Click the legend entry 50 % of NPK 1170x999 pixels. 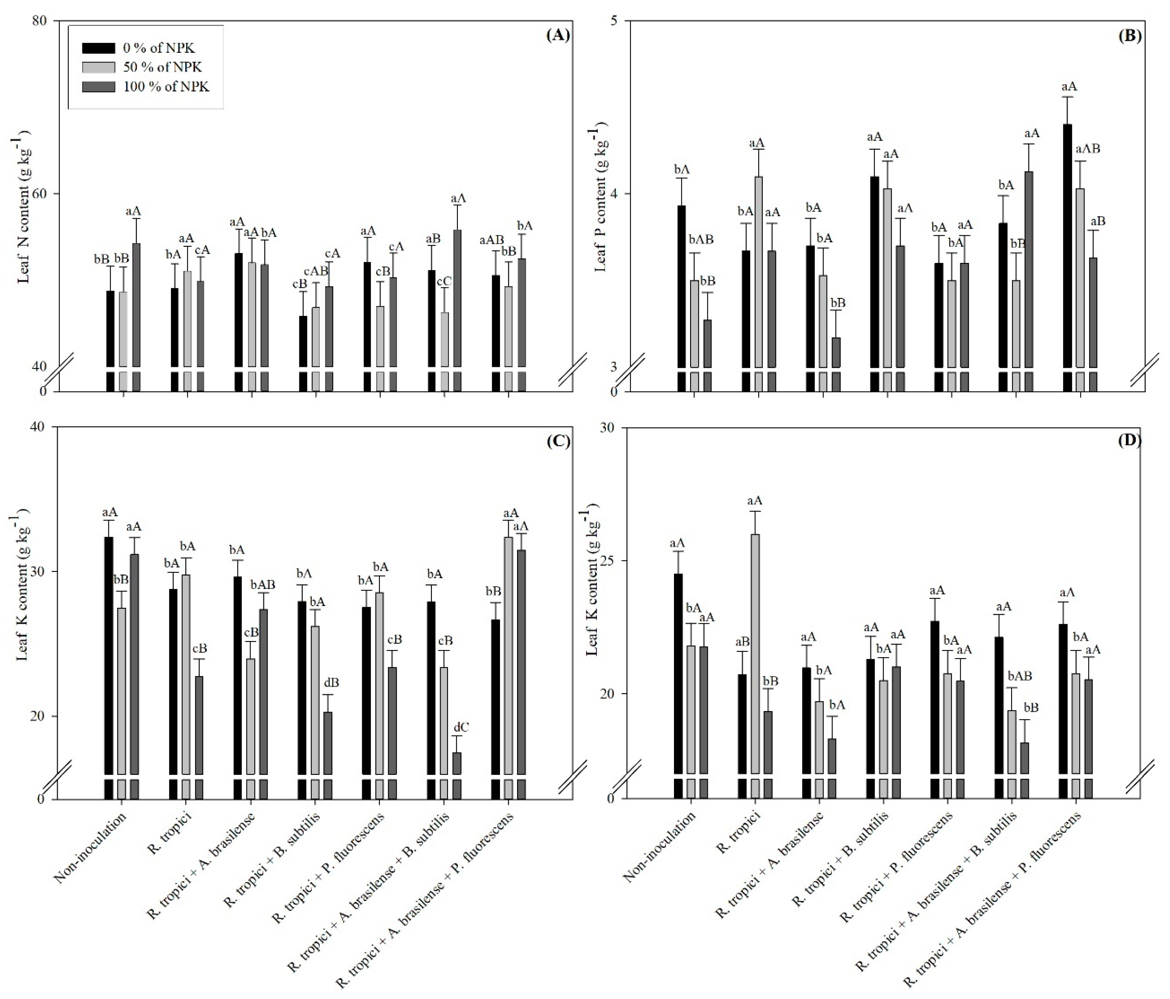[162, 67]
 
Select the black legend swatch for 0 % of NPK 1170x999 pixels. [99, 48]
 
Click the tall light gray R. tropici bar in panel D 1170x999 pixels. [755, 652]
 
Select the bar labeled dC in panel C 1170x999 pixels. [457, 762]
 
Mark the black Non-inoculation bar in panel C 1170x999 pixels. [109, 655]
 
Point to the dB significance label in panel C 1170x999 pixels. [332, 683]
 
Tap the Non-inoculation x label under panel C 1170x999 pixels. [90, 847]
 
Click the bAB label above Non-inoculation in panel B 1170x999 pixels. [700, 240]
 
